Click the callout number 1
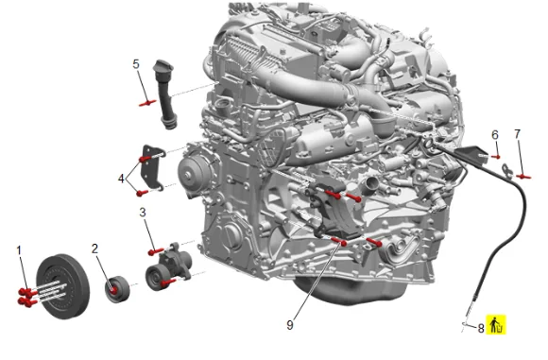point(19,250)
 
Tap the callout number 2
point(94,249)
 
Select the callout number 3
point(143,213)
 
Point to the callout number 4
point(121,179)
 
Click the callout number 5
point(136,64)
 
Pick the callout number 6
point(495,135)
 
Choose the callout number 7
point(518,134)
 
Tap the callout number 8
point(481,328)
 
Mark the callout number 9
point(290,325)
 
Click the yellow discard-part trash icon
point(496,324)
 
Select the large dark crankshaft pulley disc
point(63,286)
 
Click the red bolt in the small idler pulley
point(113,290)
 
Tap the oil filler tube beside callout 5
point(164,94)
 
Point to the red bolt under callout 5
point(147,103)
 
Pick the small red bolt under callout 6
point(496,157)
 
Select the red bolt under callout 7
point(523,177)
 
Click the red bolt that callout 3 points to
point(156,251)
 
